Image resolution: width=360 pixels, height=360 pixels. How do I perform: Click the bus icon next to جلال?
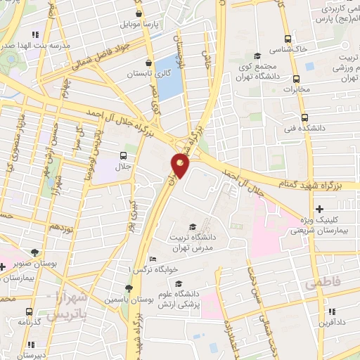pos(123,155)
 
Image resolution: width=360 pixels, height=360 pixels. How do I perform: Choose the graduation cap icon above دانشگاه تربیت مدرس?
pos(192,226)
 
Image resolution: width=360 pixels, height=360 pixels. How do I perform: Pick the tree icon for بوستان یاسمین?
pos(127,288)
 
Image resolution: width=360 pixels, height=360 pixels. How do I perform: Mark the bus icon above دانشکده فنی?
pos(304,117)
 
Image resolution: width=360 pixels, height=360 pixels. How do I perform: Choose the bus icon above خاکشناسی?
pos(287,39)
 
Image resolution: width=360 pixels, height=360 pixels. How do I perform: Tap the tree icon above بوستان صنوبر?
pos(34,251)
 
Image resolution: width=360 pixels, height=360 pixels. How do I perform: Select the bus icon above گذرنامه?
pos(30,311)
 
